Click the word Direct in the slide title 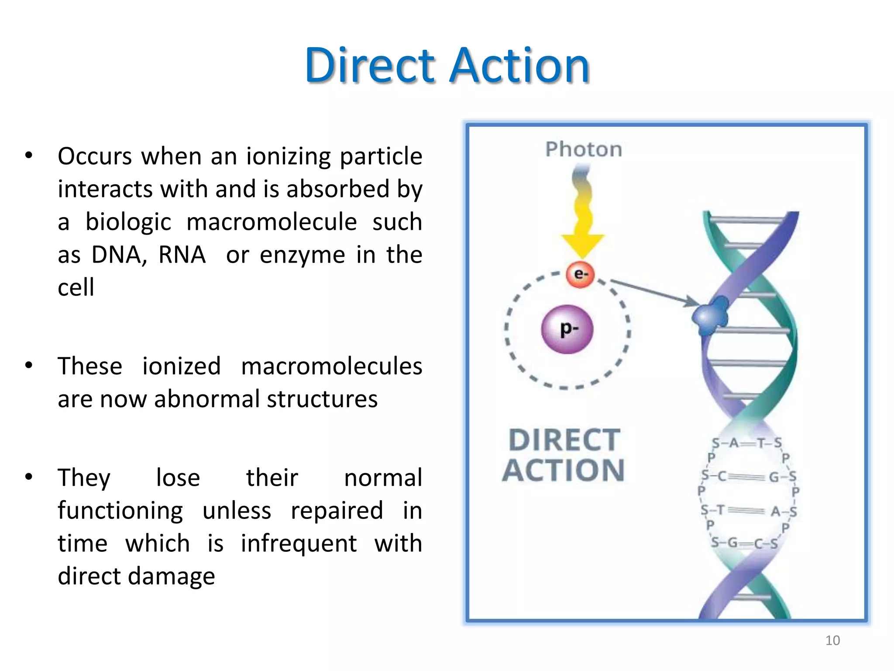(370, 66)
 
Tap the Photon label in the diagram (583, 149)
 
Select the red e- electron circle (581, 274)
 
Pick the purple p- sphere (567, 329)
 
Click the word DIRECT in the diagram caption (564, 440)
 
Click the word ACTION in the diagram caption (564, 470)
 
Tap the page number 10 (832, 640)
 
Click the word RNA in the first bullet (182, 255)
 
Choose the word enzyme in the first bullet (302, 255)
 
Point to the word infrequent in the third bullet (299, 543)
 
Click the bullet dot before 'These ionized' (29, 366)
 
